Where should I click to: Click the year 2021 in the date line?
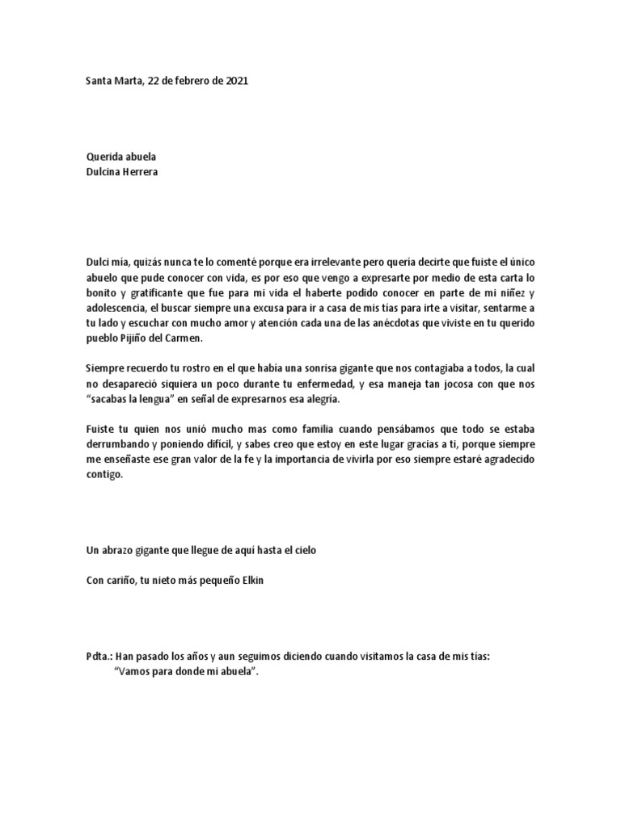[236, 81]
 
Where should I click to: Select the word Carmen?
[188, 338]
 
